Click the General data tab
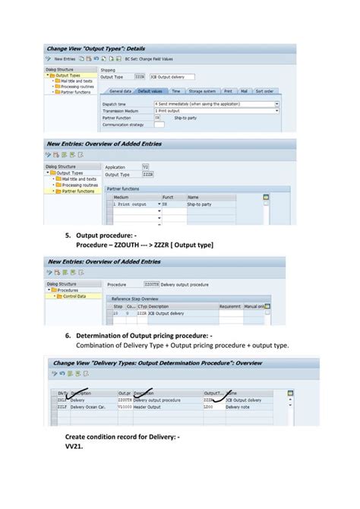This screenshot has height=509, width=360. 120,90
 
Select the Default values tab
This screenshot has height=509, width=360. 152,90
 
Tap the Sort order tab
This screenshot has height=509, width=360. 264,90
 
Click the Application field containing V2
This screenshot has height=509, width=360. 146,166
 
